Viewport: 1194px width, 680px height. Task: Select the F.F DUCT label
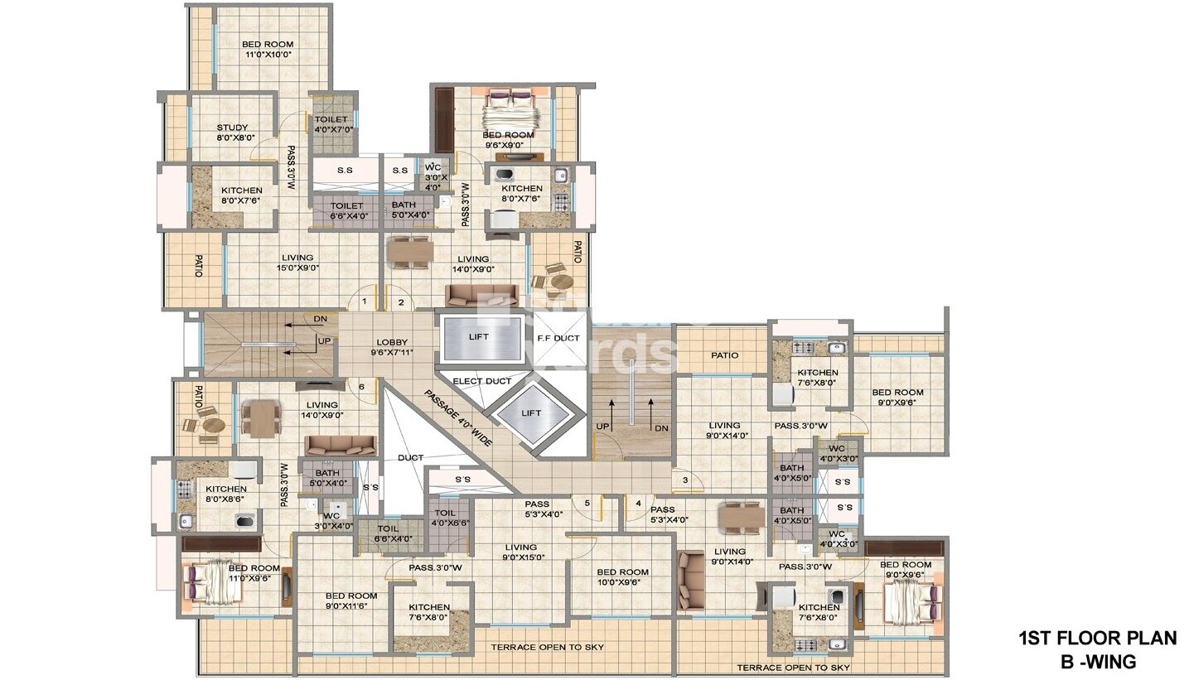pyautogui.click(x=559, y=338)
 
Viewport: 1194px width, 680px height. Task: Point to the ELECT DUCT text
pyautogui.click(x=481, y=381)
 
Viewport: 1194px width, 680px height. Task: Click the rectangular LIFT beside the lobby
pyautogui.click(x=478, y=337)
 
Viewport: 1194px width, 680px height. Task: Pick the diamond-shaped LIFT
pyautogui.click(x=531, y=413)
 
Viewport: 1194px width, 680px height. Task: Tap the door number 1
pyautogui.click(x=363, y=301)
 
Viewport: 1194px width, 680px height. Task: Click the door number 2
pyautogui.click(x=401, y=302)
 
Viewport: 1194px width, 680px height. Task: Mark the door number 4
pyautogui.click(x=638, y=502)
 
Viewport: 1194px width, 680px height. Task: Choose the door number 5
pyautogui.click(x=587, y=503)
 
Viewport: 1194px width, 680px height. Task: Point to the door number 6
pyautogui.click(x=361, y=387)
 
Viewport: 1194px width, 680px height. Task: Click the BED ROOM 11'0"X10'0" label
pyautogui.click(x=268, y=50)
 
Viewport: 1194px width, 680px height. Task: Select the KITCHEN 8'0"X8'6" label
pyautogui.click(x=226, y=494)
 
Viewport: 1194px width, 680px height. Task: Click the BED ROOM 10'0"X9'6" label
pyautogui.click(x=623, y=576)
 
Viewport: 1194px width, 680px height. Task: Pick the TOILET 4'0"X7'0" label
pyautogui.click(x=331, y=124)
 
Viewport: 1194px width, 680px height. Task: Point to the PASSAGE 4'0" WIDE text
pyautogui.click(x=459, y=417)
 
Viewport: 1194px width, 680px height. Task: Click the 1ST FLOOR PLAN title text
pyautogui.click(x=1097, y=638)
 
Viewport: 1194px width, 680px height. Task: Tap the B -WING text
pyautogui.click(x=1098, y=661)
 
